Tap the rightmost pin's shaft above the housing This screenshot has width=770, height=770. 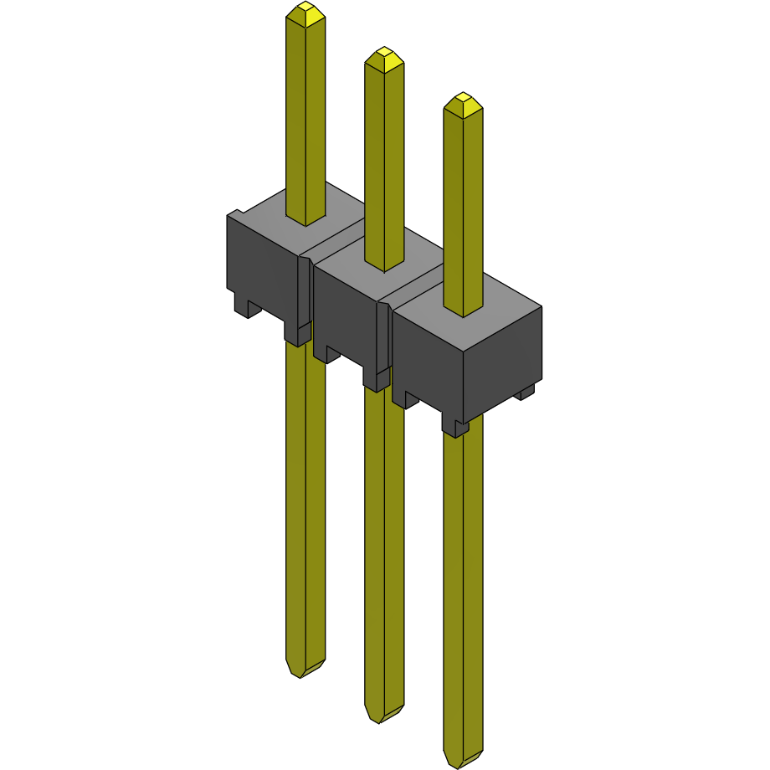tap(463, 209)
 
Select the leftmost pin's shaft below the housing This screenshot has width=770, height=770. tap(305, 502)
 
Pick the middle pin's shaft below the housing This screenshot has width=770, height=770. tap(383, 544)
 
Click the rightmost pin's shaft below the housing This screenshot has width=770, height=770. tap(463, 586)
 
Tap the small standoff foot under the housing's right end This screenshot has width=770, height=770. tap(525, 391)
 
